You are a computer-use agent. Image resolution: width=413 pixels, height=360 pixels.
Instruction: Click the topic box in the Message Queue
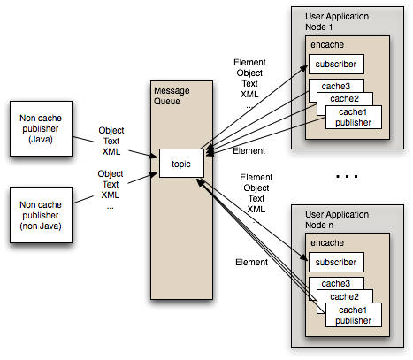[x=181, y=164]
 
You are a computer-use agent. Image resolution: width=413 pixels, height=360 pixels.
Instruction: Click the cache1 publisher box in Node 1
[x=354, y=118]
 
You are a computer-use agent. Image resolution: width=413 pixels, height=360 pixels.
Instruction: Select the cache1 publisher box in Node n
[x=354, y=316]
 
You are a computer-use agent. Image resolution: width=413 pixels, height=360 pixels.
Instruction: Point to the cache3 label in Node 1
[x=324, y=86]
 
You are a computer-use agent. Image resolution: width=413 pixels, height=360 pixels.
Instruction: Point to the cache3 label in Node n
[x=324, y=283]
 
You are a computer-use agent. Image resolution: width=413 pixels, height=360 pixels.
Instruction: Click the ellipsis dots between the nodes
[x=347, y=177]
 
